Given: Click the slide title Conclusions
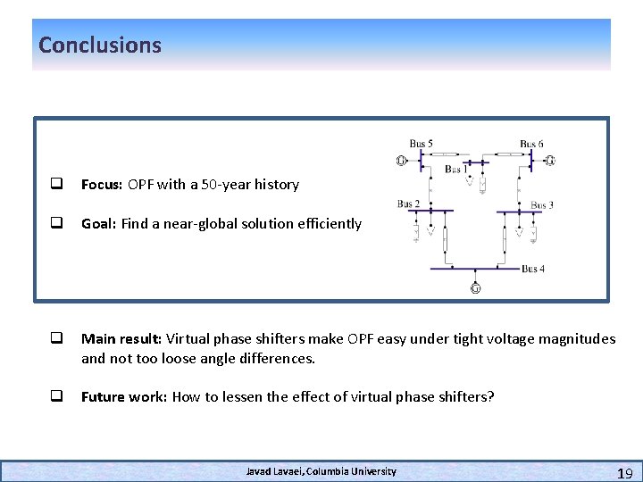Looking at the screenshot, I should pos(100,45).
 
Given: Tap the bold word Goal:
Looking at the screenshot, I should pos(99,224).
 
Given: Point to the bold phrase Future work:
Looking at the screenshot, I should pos(124,396).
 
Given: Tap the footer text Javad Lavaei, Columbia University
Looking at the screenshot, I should pos(321,471).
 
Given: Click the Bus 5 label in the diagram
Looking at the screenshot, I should pos(422,144).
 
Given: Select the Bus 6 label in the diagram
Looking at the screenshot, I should pos(531,144).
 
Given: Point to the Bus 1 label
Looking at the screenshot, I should pos(456,169).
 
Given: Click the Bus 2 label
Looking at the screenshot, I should pos(408,204).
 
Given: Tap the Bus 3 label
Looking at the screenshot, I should pos(542,204).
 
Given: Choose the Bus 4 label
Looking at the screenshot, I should pos(533,269).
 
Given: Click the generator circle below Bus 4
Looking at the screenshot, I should pos(475,287).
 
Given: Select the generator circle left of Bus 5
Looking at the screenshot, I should pos(401,161).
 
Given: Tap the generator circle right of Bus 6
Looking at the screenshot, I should pos(550,161).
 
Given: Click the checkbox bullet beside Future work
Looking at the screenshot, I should pos(55,396).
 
